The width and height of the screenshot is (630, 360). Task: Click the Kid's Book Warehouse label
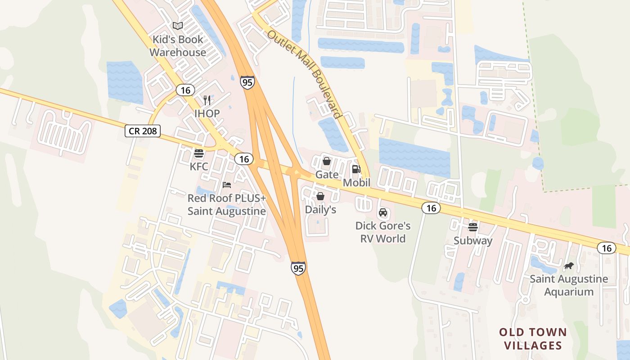(178, 46)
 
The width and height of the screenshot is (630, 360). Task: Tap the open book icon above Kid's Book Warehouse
(178, 26)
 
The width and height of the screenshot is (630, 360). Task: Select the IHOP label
(207, 113)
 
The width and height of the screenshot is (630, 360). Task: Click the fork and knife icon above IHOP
(207, 100)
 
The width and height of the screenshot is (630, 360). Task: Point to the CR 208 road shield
(142, 131)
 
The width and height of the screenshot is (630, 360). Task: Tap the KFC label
(199, 166)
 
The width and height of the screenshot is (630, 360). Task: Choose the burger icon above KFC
(199, 153)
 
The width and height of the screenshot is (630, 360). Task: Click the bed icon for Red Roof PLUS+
(227, 185)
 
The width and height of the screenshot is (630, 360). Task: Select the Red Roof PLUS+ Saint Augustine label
(227, 204)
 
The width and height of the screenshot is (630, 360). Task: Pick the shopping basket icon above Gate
(327, 161)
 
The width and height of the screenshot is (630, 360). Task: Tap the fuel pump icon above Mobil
(356, 169)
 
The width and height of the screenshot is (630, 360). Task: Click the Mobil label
(356, 183)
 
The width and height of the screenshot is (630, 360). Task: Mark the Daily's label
(320, 210)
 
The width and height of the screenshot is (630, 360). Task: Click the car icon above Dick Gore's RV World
(383, 212)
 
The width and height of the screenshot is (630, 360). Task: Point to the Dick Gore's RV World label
(383, 232)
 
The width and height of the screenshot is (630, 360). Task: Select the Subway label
(473, 240)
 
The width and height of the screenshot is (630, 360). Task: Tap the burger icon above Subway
(473, 227)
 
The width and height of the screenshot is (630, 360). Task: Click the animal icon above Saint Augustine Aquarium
(569, 266)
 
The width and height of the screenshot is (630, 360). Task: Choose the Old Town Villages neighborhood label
(533, 339)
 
